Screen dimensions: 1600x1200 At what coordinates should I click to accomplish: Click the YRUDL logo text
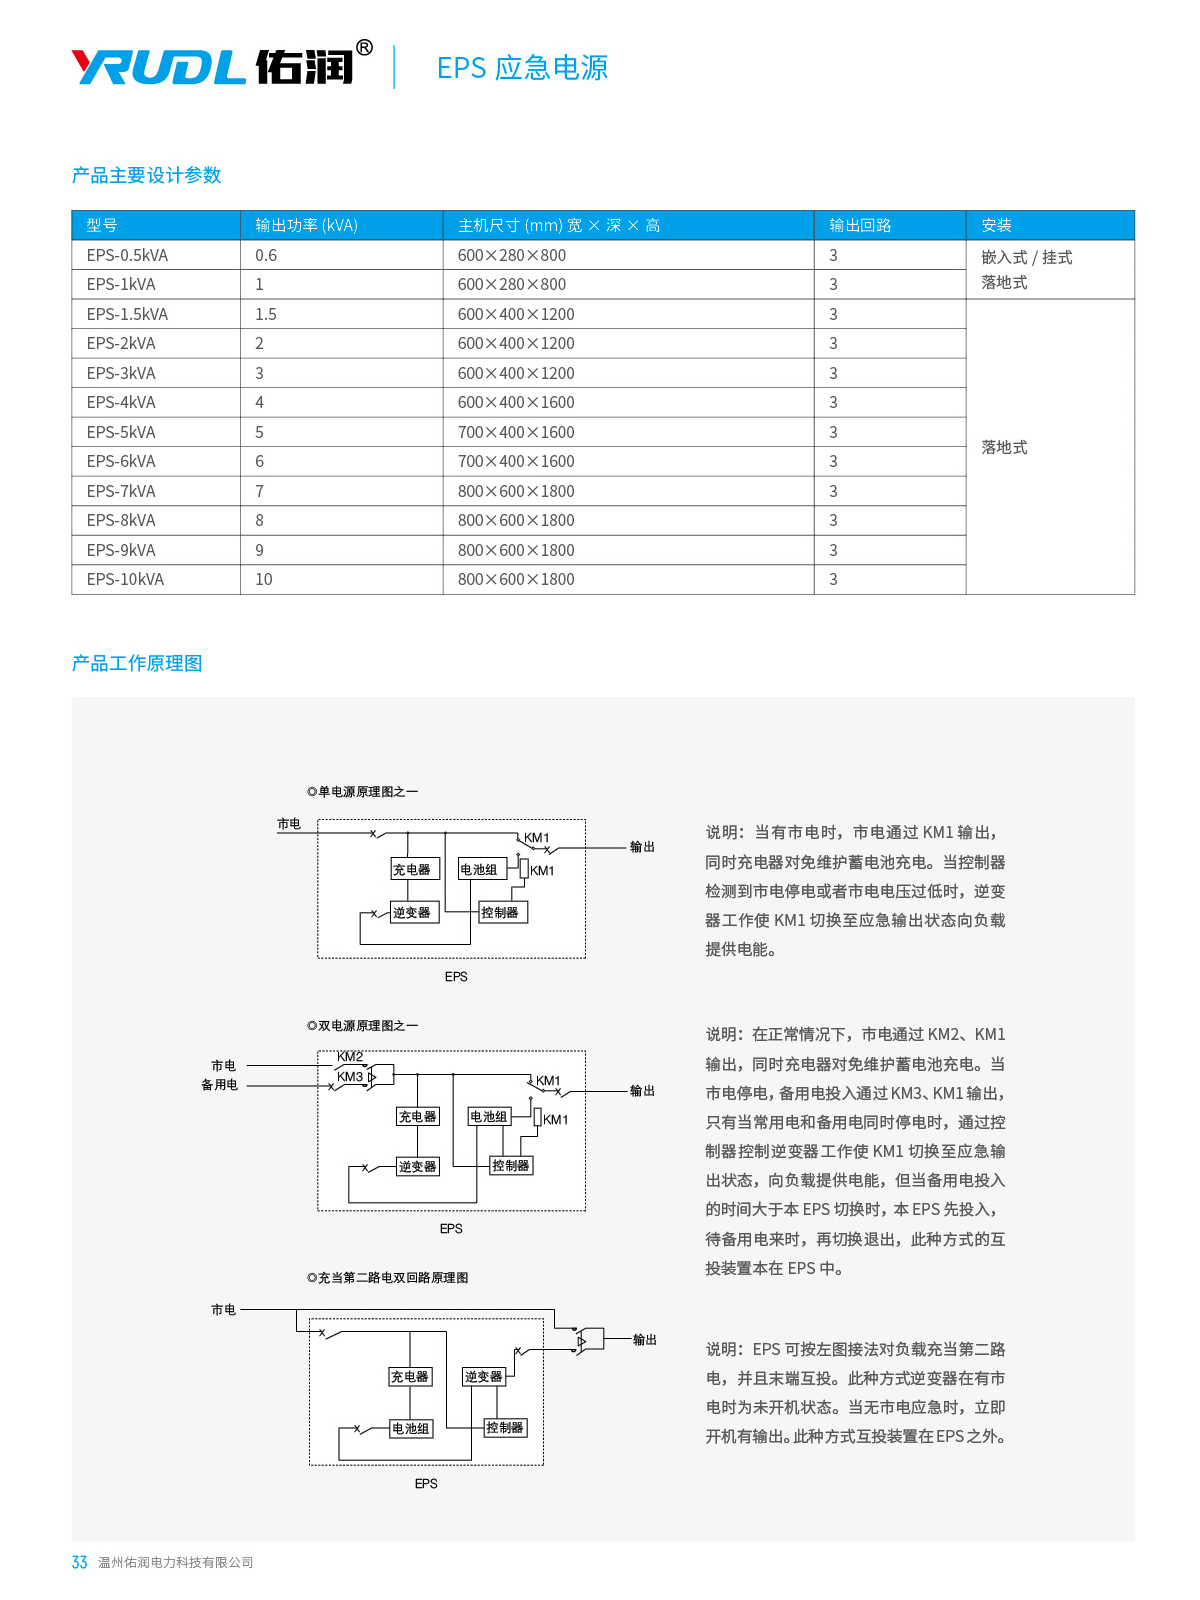coord(159,67)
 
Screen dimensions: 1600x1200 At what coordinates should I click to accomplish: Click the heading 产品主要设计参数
coord(146,176)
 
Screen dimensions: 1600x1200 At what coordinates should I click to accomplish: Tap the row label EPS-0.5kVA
coord(127,256)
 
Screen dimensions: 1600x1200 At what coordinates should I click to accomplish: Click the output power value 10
coord(264,580)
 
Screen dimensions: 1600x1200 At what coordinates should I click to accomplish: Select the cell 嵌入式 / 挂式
coord(1026,258)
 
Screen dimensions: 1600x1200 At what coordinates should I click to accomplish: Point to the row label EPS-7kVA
coord(121,492)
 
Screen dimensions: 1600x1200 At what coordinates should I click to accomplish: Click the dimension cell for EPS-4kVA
coord(516,403)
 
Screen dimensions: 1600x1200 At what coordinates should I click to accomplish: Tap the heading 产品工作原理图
coord(137,664)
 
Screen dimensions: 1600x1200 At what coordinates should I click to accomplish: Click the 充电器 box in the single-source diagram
coord(412,870)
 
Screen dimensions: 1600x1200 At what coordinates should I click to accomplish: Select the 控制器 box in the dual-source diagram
coord(510,1166)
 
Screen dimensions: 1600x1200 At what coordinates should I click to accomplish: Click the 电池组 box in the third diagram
coord(411,1429)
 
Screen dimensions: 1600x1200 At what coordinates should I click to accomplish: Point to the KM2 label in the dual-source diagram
coord(350,1057)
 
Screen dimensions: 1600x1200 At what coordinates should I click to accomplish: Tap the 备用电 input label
coord(220,1085)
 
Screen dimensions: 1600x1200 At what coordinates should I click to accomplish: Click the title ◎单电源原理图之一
coord(363,792)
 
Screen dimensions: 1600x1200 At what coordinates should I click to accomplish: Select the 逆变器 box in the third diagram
coord(483,1377)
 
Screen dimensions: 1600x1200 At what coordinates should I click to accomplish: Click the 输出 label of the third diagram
coord(645,1340)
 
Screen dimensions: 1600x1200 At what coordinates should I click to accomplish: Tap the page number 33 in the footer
coord(80,1563)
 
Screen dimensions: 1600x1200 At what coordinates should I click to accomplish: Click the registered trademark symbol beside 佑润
coord(364,47)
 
